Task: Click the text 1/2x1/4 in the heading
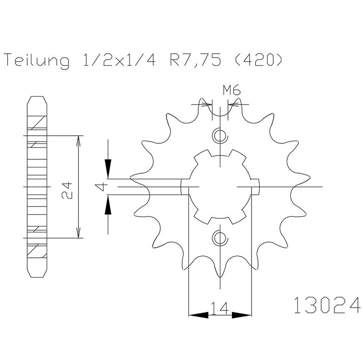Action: click(x=119, y=60)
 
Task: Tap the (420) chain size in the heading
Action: click(x=259, y=60)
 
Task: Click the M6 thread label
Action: click(x=232, y=90)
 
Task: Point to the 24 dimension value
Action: click(x=67, y=187)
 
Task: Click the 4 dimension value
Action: click(x=102, y=187)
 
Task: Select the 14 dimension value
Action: click(x=220, y=308)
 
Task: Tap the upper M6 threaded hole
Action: click(x=220, y=135)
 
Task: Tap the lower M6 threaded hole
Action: click(x=220, y=238)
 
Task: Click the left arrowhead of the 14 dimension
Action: click(x=198, y=315)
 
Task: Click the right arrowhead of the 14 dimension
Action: click(x=241, y=315)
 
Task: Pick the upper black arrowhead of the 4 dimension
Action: click(x=108, y=169)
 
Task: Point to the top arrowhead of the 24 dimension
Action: click(x=78, y=141)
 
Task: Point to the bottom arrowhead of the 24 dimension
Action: click(x=78, y=232)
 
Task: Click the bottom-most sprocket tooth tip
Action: click(x=220, y=277)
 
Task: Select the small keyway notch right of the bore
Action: click(x=255, y=186)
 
